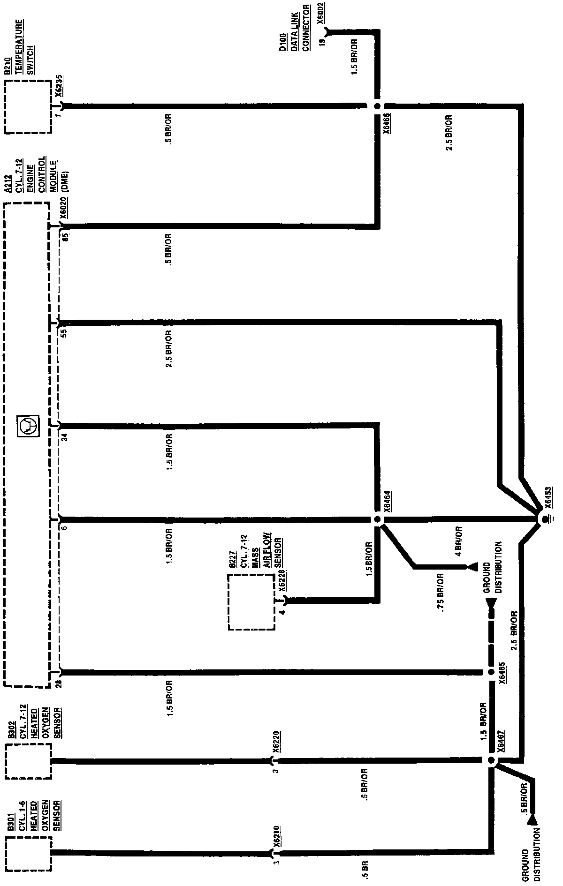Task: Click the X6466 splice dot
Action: pos(377,106)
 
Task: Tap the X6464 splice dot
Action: pos(377,519)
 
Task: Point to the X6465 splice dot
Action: pos(490,672)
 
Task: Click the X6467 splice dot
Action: pos(491,760)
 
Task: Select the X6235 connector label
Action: pos(59,86)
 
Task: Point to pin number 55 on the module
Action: pos(64,332)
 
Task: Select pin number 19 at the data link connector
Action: pos(322,42)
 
